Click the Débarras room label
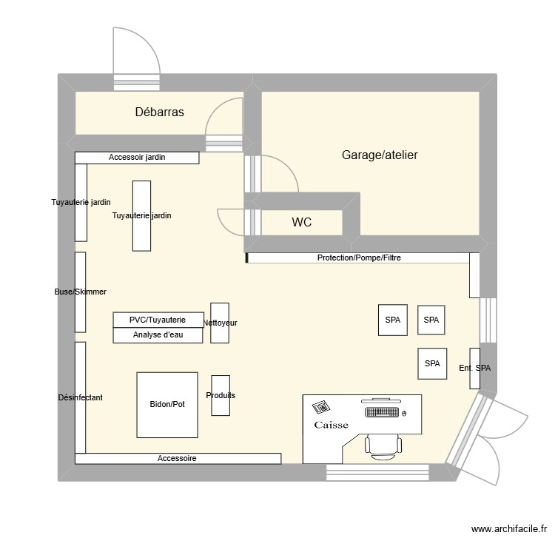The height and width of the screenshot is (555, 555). (159, 112)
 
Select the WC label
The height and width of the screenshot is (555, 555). (301, 222)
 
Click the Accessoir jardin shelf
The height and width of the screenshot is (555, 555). (137, 158)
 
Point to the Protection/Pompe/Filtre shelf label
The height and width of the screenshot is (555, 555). (359, 258)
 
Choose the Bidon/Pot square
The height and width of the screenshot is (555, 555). (167, 405)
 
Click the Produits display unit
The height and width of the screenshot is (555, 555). (221, 395)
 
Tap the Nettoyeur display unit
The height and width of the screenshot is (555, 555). (220, 323)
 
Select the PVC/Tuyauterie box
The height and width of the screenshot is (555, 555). (157, 320)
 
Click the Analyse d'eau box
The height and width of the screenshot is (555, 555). (157, 335)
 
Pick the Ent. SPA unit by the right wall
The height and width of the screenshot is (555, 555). (474, 368)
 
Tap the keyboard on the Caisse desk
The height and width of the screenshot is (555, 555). (381, 411)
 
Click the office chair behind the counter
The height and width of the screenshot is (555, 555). (383, 443)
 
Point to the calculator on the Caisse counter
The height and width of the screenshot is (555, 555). (322, 407)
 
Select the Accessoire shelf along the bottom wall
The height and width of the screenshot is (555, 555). (178, 459)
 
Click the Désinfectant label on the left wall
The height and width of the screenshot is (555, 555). (80, 397)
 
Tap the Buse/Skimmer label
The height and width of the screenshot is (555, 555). (80, 292)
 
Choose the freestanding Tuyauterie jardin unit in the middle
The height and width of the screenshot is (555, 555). (141, 215)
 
